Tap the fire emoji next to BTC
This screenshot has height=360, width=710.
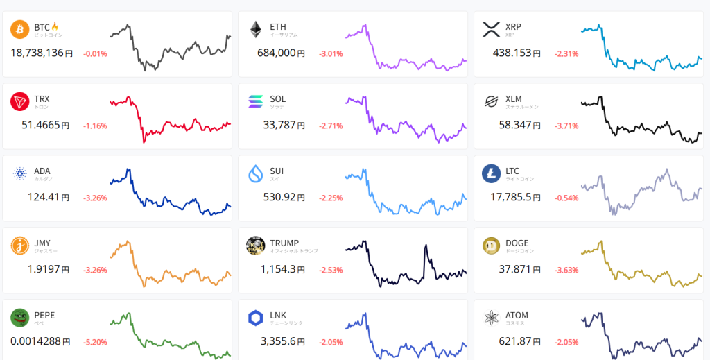(x=55, y=26)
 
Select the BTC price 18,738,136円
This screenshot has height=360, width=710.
(x=41, y=53)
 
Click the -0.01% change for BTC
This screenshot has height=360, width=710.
(x=95, y=53)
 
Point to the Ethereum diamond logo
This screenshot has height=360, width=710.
(x=256, y=30)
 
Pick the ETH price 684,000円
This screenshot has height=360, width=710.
(x=281, y=53)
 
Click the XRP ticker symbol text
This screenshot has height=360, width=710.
(x=513, y=26)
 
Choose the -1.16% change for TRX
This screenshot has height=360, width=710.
(x=95, y=126)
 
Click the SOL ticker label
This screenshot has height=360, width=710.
(x=277, y=98)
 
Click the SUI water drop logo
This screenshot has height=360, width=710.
(x=256, y=174)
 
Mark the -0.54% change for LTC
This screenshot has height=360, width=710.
(x=566, y=198)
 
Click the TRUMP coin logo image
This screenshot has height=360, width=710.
(x=256, y=246)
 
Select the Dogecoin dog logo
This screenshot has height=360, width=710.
(x=492, y=246)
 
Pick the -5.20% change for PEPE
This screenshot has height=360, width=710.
(x=95, y=342)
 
